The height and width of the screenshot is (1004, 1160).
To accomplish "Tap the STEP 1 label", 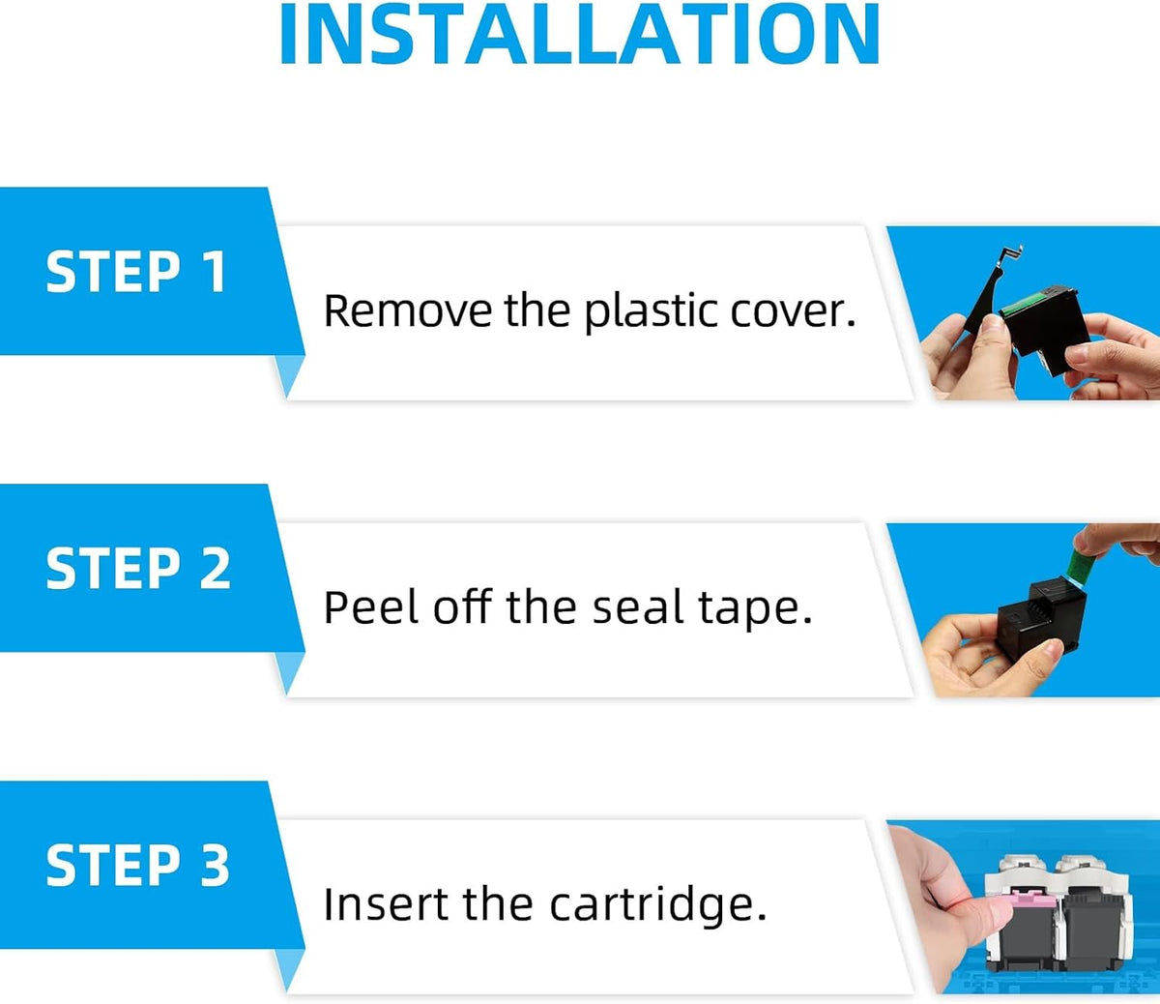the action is click(136, 272).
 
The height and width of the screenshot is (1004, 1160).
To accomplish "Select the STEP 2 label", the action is click(138, 569).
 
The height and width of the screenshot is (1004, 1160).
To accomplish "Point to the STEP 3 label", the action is click(138, 866).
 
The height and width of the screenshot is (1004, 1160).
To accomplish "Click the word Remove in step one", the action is click(408, 310).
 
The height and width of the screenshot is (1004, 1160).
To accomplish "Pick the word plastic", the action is click(651, 312).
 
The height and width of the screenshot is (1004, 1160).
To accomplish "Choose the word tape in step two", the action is click(749, 610).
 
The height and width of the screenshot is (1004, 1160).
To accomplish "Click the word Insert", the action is click(386, 904).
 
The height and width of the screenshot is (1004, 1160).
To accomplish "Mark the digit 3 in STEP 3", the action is click(215, 866).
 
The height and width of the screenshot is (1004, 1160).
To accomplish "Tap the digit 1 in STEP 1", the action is click(214, 272).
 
